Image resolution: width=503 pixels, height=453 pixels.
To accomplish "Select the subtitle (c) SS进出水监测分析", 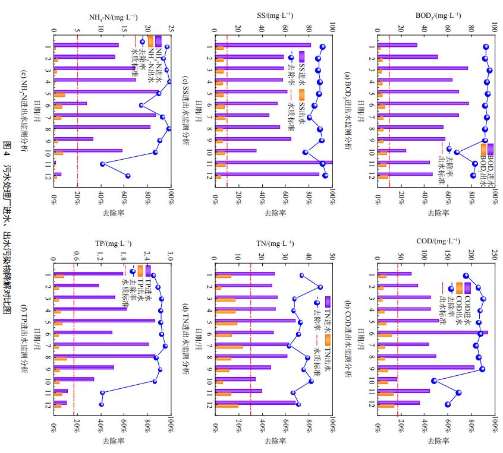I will (185, 113).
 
